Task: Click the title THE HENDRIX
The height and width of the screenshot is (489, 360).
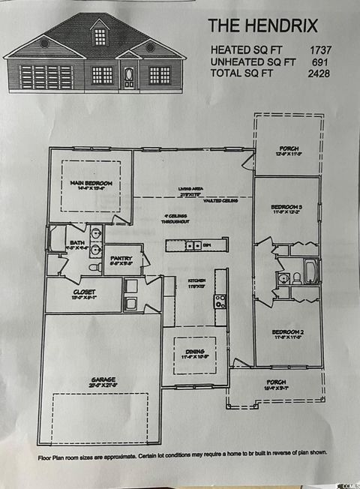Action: point(262,26)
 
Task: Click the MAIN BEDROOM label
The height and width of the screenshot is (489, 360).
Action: point(91,184)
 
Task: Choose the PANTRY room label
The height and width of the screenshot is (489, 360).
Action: point(121,258)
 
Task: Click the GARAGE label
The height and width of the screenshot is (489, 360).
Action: point(103,380)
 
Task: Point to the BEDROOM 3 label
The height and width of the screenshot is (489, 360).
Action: point(287,206)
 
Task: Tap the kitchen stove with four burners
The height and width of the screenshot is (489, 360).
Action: point(220,301)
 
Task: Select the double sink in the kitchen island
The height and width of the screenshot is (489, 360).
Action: point(193,245)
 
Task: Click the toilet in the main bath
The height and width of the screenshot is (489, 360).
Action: point(94,266)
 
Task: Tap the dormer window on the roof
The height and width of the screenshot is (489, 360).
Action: point(99,34)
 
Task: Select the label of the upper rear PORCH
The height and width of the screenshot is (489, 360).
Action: point(288,149)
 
